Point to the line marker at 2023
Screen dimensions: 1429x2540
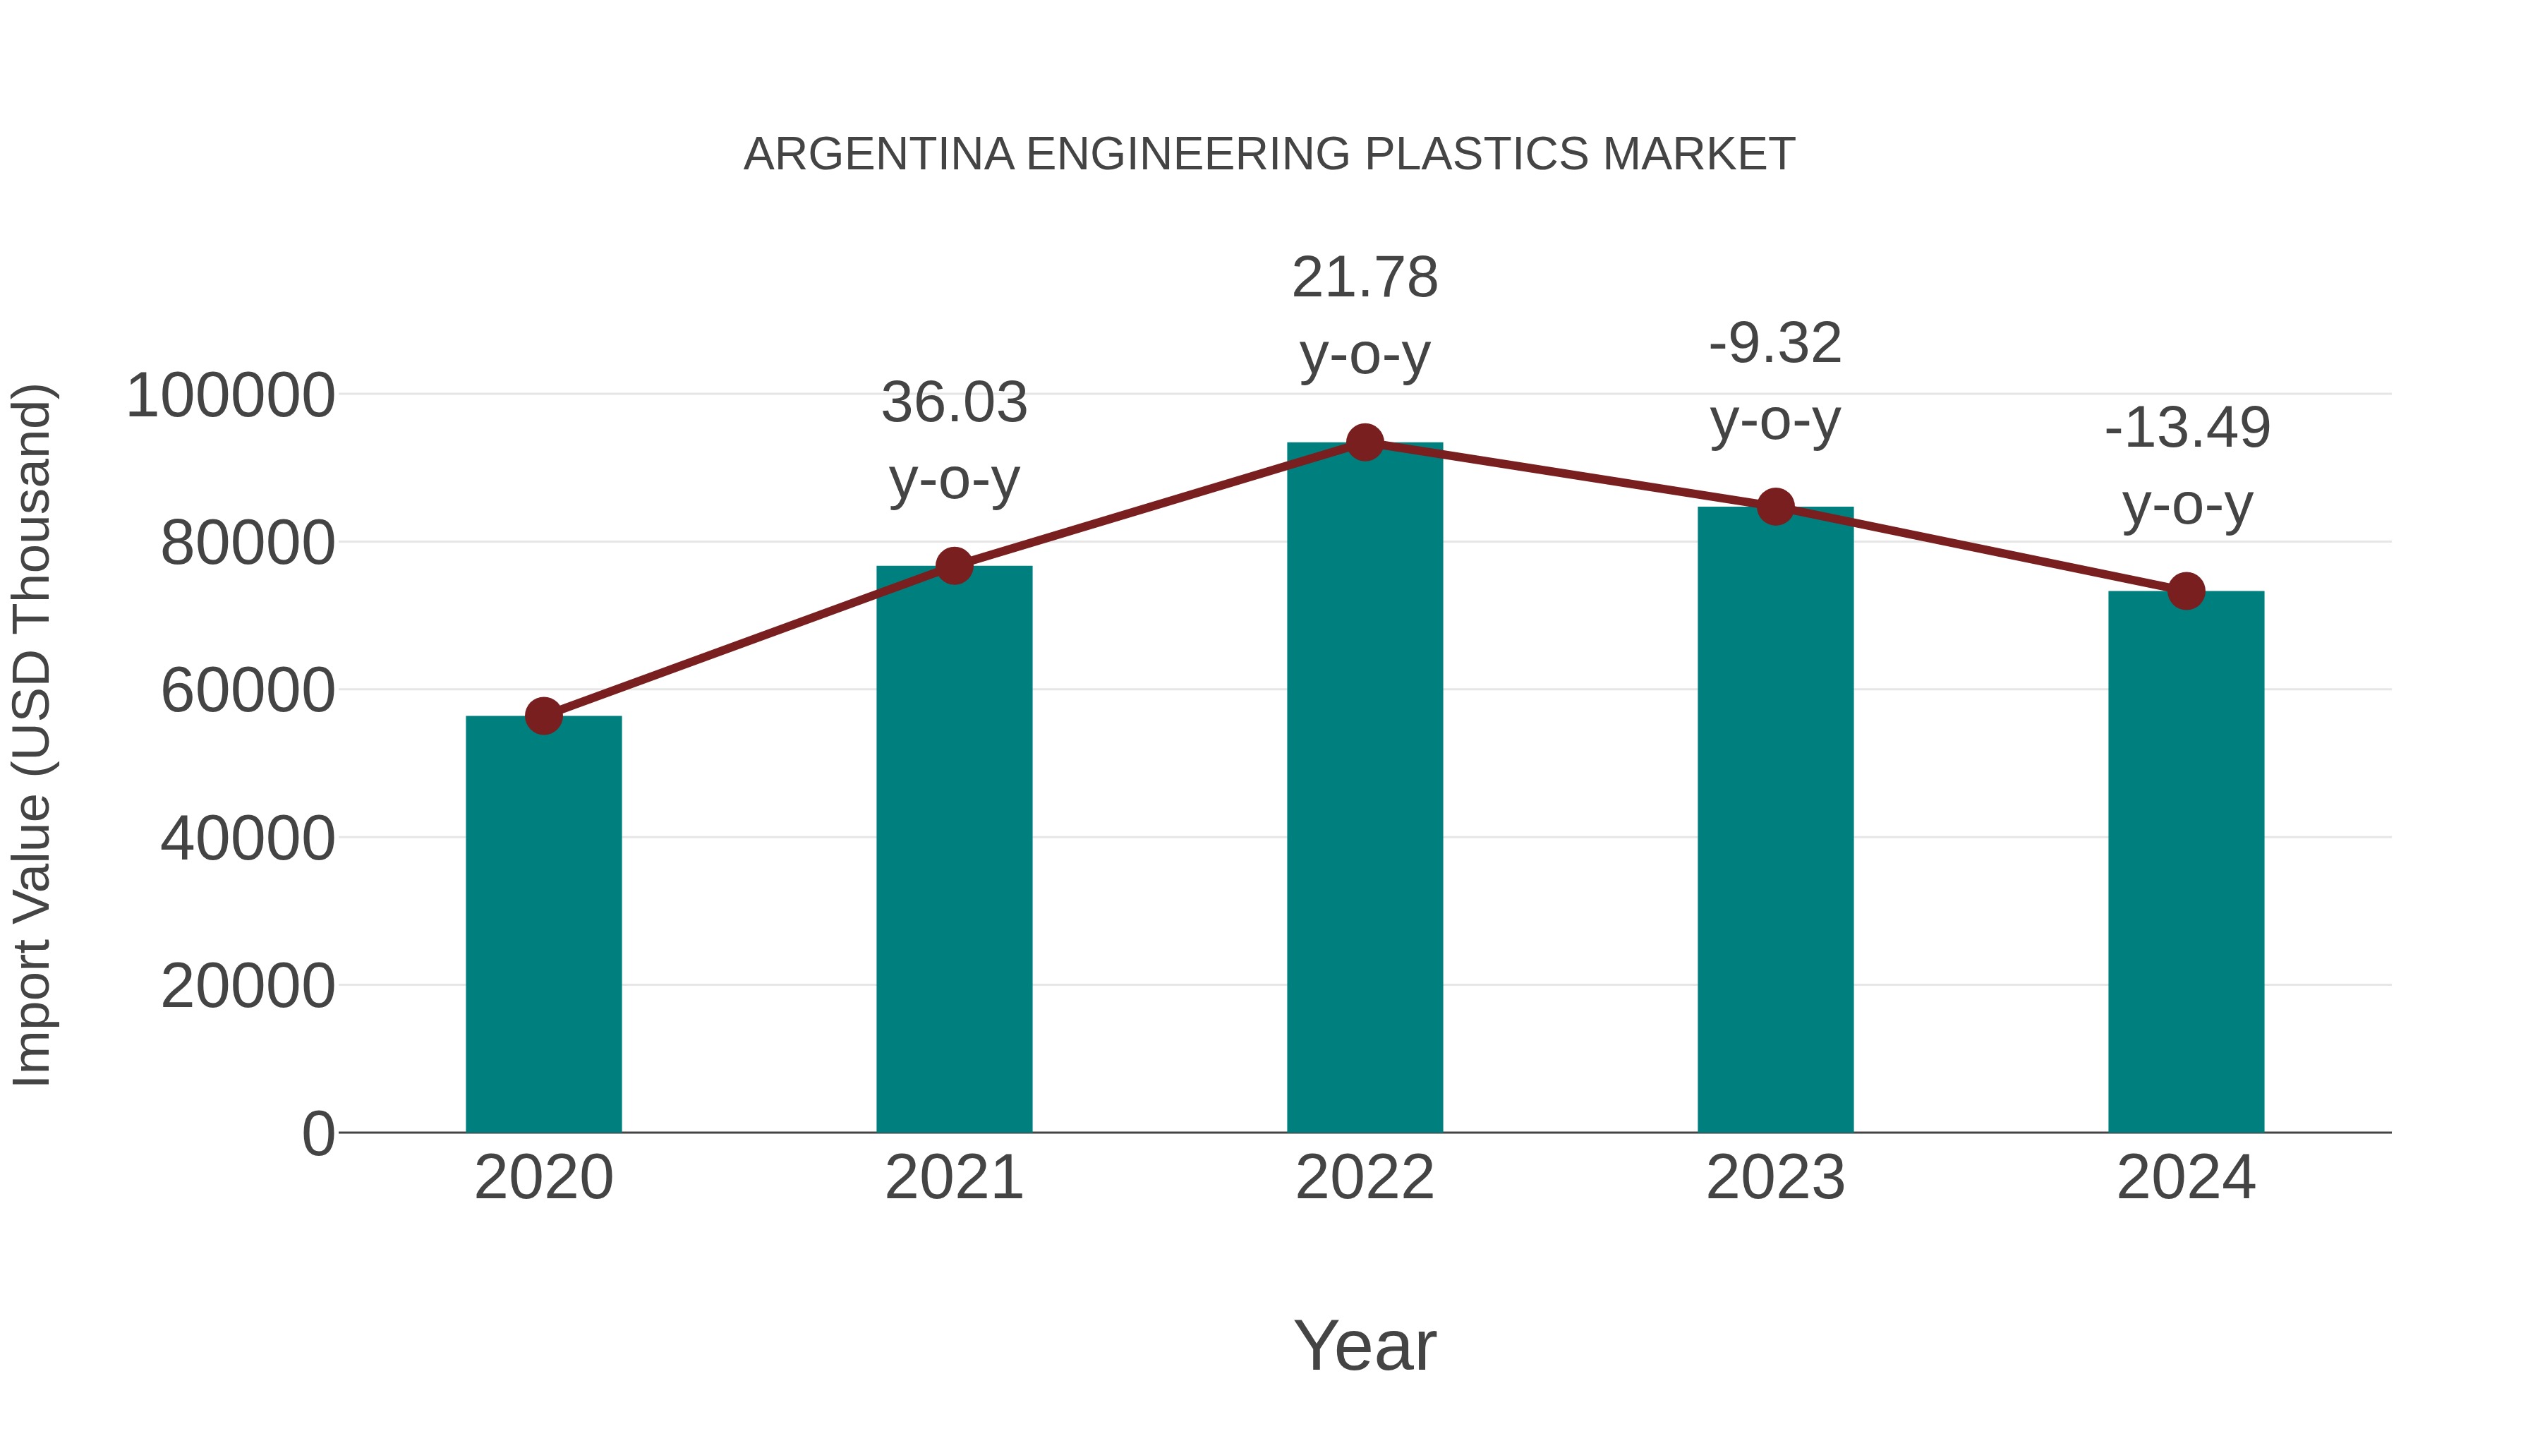click(x=1776, y=507)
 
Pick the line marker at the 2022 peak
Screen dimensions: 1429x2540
click(x=1365, y=442)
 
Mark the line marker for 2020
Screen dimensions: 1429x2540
click(x=543, y=716)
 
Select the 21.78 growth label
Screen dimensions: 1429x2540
click(x=1365, y=278)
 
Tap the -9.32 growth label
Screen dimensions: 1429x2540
click(x=1775, y=344)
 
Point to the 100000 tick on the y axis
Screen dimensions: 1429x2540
click(x=231, y=397)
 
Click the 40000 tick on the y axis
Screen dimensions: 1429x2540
click(x=248, y=839)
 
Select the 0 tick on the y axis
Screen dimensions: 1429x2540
click(x=318, y=1134)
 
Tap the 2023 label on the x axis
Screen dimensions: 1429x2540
click(x=1775, y=1178)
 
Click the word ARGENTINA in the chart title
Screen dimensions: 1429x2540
click(x=878, y=155)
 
